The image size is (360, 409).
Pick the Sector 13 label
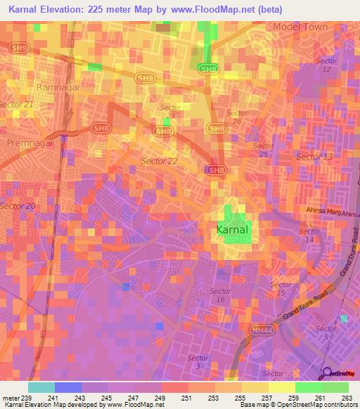(314, 156)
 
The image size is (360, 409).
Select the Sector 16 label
(220, 295)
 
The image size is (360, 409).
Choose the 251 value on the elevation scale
(187, 397)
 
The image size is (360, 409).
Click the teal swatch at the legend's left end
(41, 387)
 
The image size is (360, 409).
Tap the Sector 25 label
(263, 153)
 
